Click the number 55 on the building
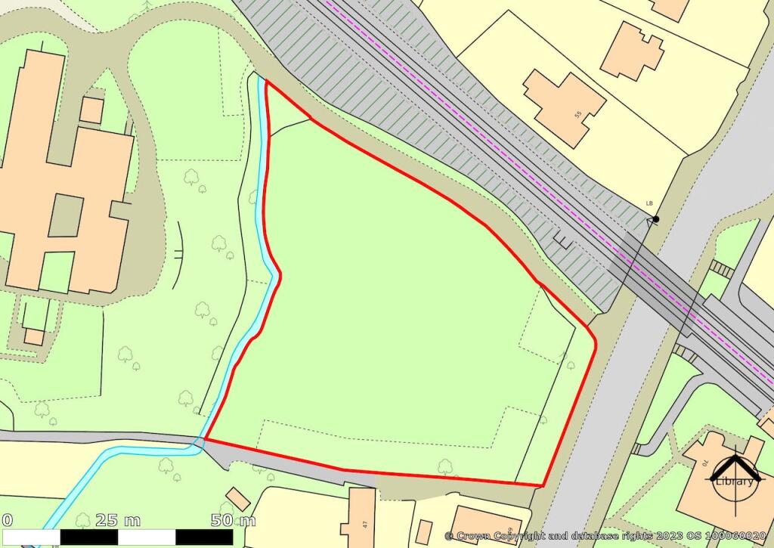coord(578,115)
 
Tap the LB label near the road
coord(649,203)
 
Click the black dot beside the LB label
coord(655,219)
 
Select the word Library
coord(736,481)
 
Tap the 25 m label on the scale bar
coord(119,520)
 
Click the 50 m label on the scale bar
coord(233,520)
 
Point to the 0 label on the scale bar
coord(8,520)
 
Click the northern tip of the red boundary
coord(267,80)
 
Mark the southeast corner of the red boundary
coord(543,485)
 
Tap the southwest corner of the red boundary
coord(206,439)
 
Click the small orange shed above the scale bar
coord(239,498)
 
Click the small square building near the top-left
coord(91,110)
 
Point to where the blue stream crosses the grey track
coord(200,442)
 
